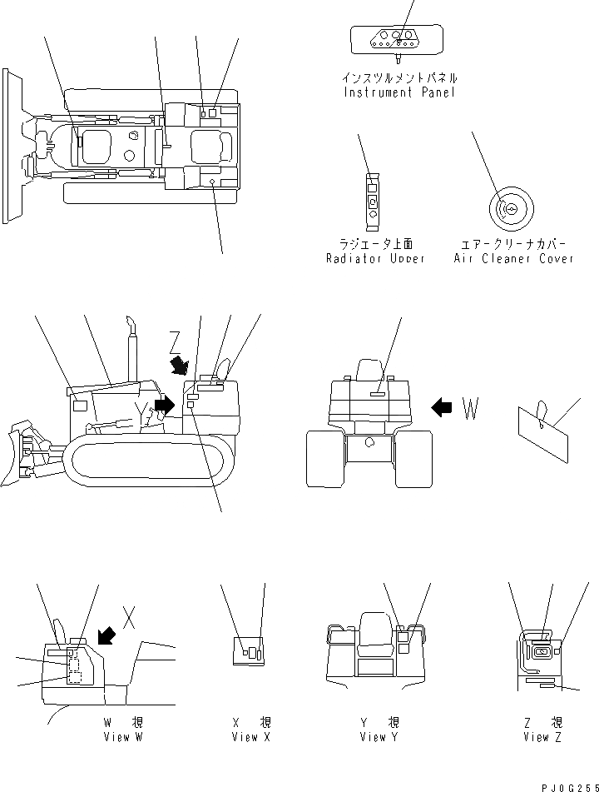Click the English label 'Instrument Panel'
point(399,92)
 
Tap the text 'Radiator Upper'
point(375,259)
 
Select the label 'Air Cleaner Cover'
point(513,259)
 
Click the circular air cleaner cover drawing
point(509,208)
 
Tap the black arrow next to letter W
point(442,406)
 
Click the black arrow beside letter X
point(106,635)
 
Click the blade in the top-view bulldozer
point(12,147)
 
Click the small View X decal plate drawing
point(248,651)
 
